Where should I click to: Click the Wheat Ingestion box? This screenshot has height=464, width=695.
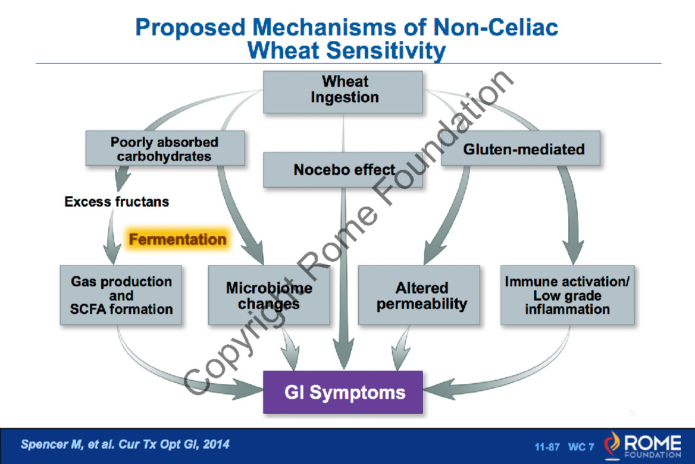(344, 91)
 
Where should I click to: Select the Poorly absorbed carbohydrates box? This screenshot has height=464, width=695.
(165, 149)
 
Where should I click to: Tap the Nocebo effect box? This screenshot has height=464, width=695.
(344, 170)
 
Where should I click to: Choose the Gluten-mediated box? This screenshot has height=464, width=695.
(523, 149)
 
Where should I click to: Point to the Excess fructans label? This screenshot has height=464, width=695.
(116, 202)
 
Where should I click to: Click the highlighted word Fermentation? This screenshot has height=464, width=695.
(178, 240)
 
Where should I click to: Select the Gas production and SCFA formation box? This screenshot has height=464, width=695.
(122, 295)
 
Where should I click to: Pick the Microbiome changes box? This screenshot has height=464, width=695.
(269, 295)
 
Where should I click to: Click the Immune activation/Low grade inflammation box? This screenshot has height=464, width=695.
(567, 295)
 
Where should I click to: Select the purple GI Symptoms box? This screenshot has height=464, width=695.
(344, 393)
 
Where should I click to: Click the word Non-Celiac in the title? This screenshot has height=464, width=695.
(495, 28)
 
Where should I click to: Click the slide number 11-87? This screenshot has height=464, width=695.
(547, 447)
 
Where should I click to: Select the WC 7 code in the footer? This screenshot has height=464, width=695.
(580, 447)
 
